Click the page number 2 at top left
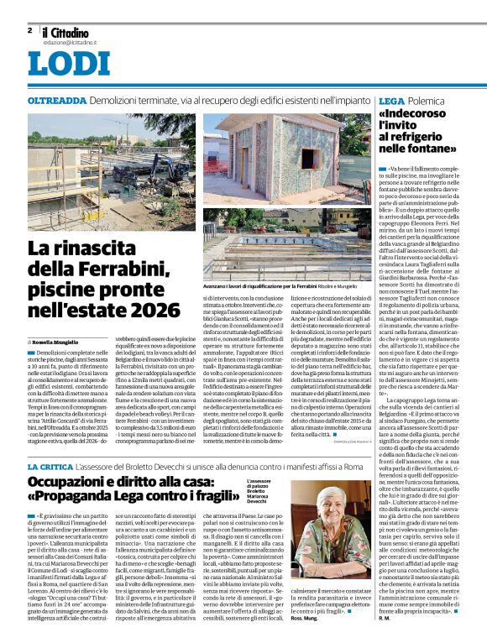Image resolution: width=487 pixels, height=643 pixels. click(29, 30)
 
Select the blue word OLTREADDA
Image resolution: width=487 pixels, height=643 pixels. click(56, 100)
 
